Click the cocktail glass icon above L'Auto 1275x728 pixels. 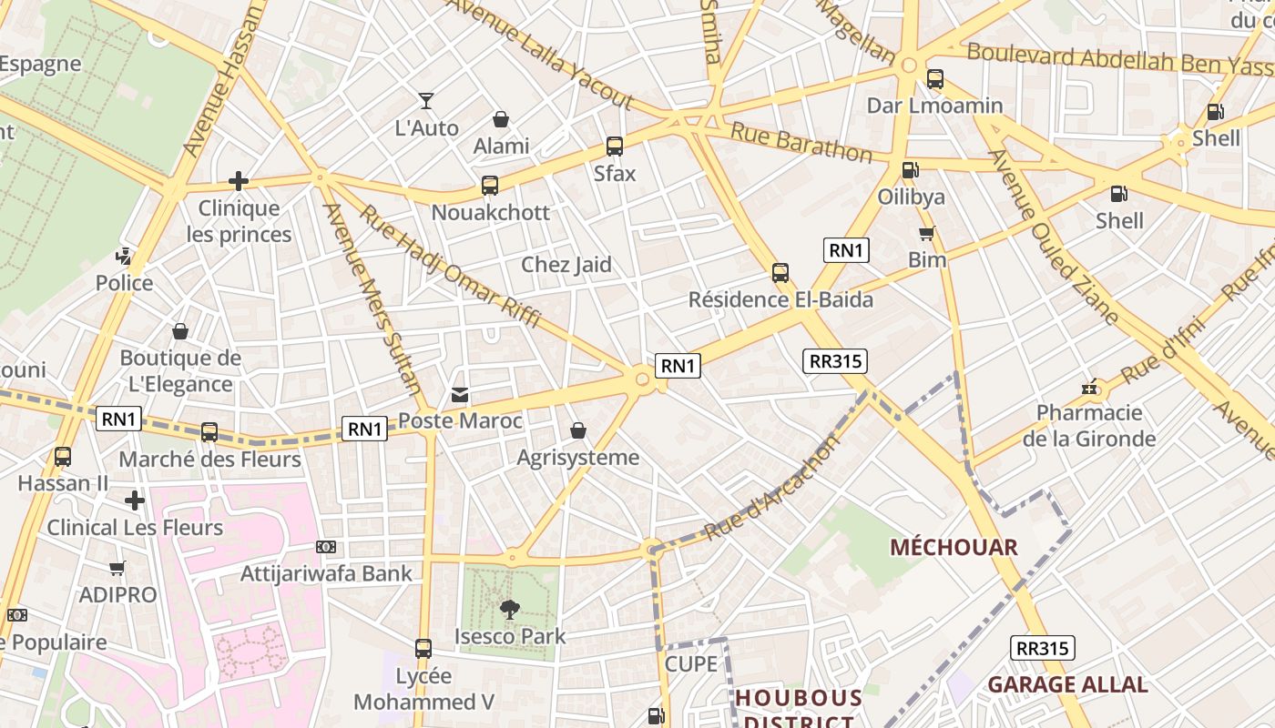click(426, 101)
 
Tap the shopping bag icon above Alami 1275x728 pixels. click(500, 119)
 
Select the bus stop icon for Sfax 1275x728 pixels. click(615, 147)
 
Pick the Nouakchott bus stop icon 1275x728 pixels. click(490, 186)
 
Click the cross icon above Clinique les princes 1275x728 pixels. click(239, 181)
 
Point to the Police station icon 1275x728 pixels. click(124, 257)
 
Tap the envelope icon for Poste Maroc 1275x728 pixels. click(460, 395)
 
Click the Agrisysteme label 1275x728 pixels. click(577, 457)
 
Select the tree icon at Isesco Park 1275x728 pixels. click(510, 610)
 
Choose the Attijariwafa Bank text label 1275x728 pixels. click(326, 573)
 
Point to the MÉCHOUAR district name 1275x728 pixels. click(954, 547)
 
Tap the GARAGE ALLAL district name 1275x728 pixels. click(1067, 684)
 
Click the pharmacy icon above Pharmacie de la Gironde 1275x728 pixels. click(1089, 388)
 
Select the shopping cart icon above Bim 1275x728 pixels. click(927, 234)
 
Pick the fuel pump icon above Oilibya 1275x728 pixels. click(909, 170)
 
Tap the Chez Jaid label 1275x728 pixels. click(566, 265)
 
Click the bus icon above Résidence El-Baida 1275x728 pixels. click(780, 273)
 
